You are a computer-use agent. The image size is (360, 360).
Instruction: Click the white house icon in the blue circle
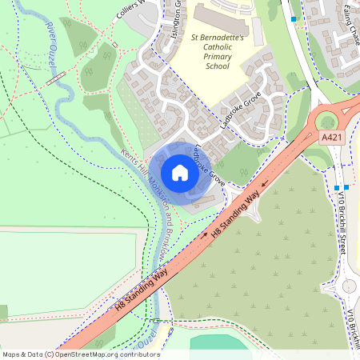tap(180, 173)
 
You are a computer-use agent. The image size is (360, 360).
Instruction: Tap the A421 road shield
tap(333, 138)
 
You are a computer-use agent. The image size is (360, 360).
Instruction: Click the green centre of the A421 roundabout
tap(328, 122)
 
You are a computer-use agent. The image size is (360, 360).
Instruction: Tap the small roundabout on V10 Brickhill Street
tap(350, 286)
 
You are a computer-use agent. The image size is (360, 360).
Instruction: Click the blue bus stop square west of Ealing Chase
tap(294, 18)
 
